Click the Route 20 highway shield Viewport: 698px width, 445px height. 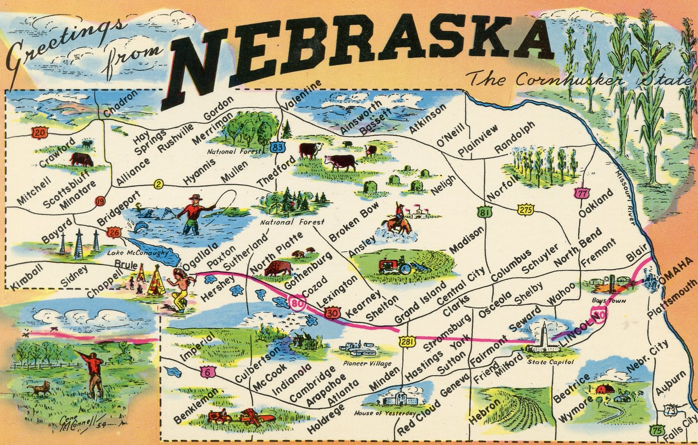pos(40,132)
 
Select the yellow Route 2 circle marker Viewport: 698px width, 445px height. pos(158,185)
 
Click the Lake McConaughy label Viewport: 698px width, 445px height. pos(137,253)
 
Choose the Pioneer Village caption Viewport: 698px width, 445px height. pos(367,363)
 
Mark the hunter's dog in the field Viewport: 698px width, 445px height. pos(43,389)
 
